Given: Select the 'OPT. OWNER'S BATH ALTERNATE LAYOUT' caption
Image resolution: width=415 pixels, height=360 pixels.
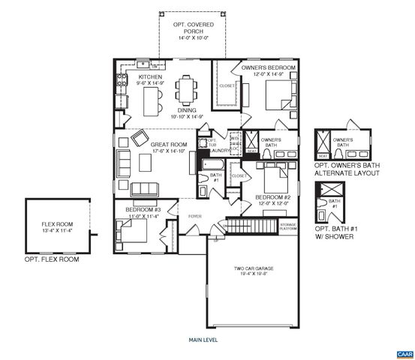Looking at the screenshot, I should pos(346,169).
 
